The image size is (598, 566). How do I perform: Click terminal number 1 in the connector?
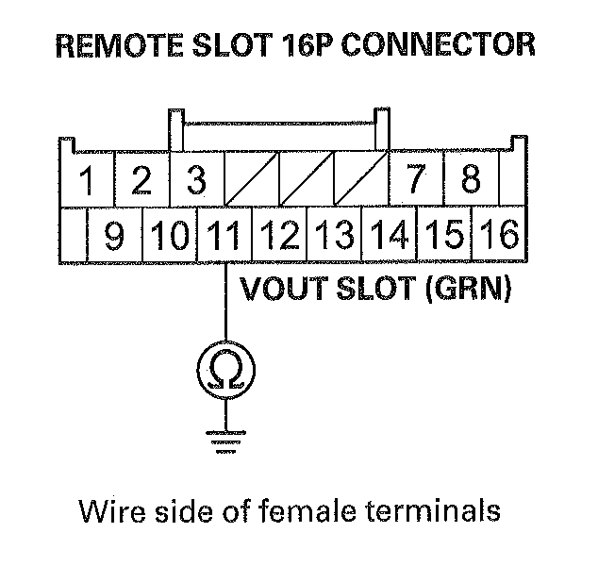(87, 180)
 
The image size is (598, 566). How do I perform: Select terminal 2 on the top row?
(141, 180)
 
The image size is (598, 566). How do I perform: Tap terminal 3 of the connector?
(196, 180)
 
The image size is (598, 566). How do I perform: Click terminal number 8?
(470, 180)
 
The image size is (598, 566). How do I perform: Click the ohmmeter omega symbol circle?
(224, 369)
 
